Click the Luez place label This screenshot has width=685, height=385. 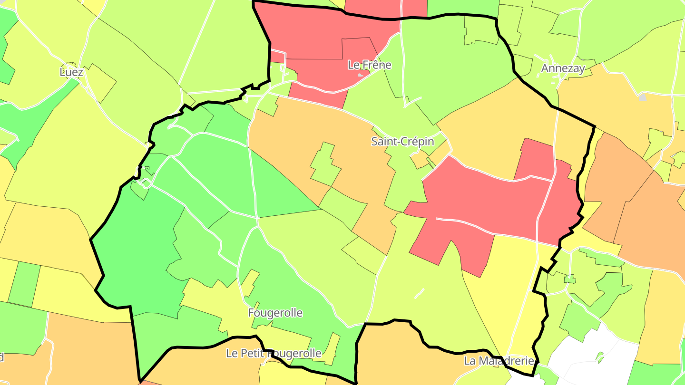(x=71, y=72)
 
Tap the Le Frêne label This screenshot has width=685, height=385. (x=369, y=65)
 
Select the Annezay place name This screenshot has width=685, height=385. (x=563, y=68)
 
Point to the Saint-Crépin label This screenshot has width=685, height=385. (x=396, y=141)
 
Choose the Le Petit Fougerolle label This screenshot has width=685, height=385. (x=274, y=353)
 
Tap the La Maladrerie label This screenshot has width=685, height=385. (x=499, y=361)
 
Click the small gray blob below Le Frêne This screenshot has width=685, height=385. (x=361, y=75)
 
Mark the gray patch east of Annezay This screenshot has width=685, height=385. (x=643, y=97)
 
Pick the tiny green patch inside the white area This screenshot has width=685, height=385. (x=599, y=356)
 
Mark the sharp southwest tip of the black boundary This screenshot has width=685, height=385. (x=141, y=381)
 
